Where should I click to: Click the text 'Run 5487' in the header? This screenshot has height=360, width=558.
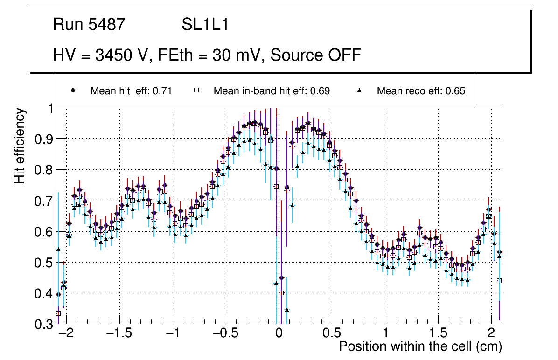pyautogui.click(x=89, y=25)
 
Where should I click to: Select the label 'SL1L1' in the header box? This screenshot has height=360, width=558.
pyautogui.click(x=205, y=25)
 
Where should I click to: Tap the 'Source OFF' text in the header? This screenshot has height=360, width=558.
pyautogui.click(x=316, y=55)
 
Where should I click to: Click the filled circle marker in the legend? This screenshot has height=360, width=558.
pyautogui.click(x=73, y=90)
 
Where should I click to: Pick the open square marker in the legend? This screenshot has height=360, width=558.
pyautogui.click(x=197, y=90)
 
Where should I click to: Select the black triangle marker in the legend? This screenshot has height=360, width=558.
pyautogui.click(x=360, y=90)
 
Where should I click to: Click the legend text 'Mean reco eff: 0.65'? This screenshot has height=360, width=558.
pyautogui.click(x=421, y=91)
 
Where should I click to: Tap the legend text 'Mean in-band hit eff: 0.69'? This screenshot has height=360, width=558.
pyautogui.click(x=272, y=91)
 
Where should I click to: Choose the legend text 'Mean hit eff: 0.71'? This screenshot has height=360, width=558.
pyautogui.click(x=131, y=91)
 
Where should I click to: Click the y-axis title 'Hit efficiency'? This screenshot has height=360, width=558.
pyautogui.click(x=20, y=145)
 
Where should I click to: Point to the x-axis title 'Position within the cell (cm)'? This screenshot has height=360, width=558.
pyautogui.click(x=420, y=346)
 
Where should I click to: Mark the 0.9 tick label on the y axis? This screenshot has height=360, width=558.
pyautogui.click(x=44, y=139)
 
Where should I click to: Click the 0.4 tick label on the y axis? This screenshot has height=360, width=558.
pyautogui.click(x=44, y=294)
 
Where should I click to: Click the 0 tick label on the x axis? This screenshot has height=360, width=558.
pyautogui.click(x=279, y=333)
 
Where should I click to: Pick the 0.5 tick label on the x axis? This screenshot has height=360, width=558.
pyautogui.click(x=332, y=333)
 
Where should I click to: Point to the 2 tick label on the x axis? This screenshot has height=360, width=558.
pyautogui.click(x=491, y=333)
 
